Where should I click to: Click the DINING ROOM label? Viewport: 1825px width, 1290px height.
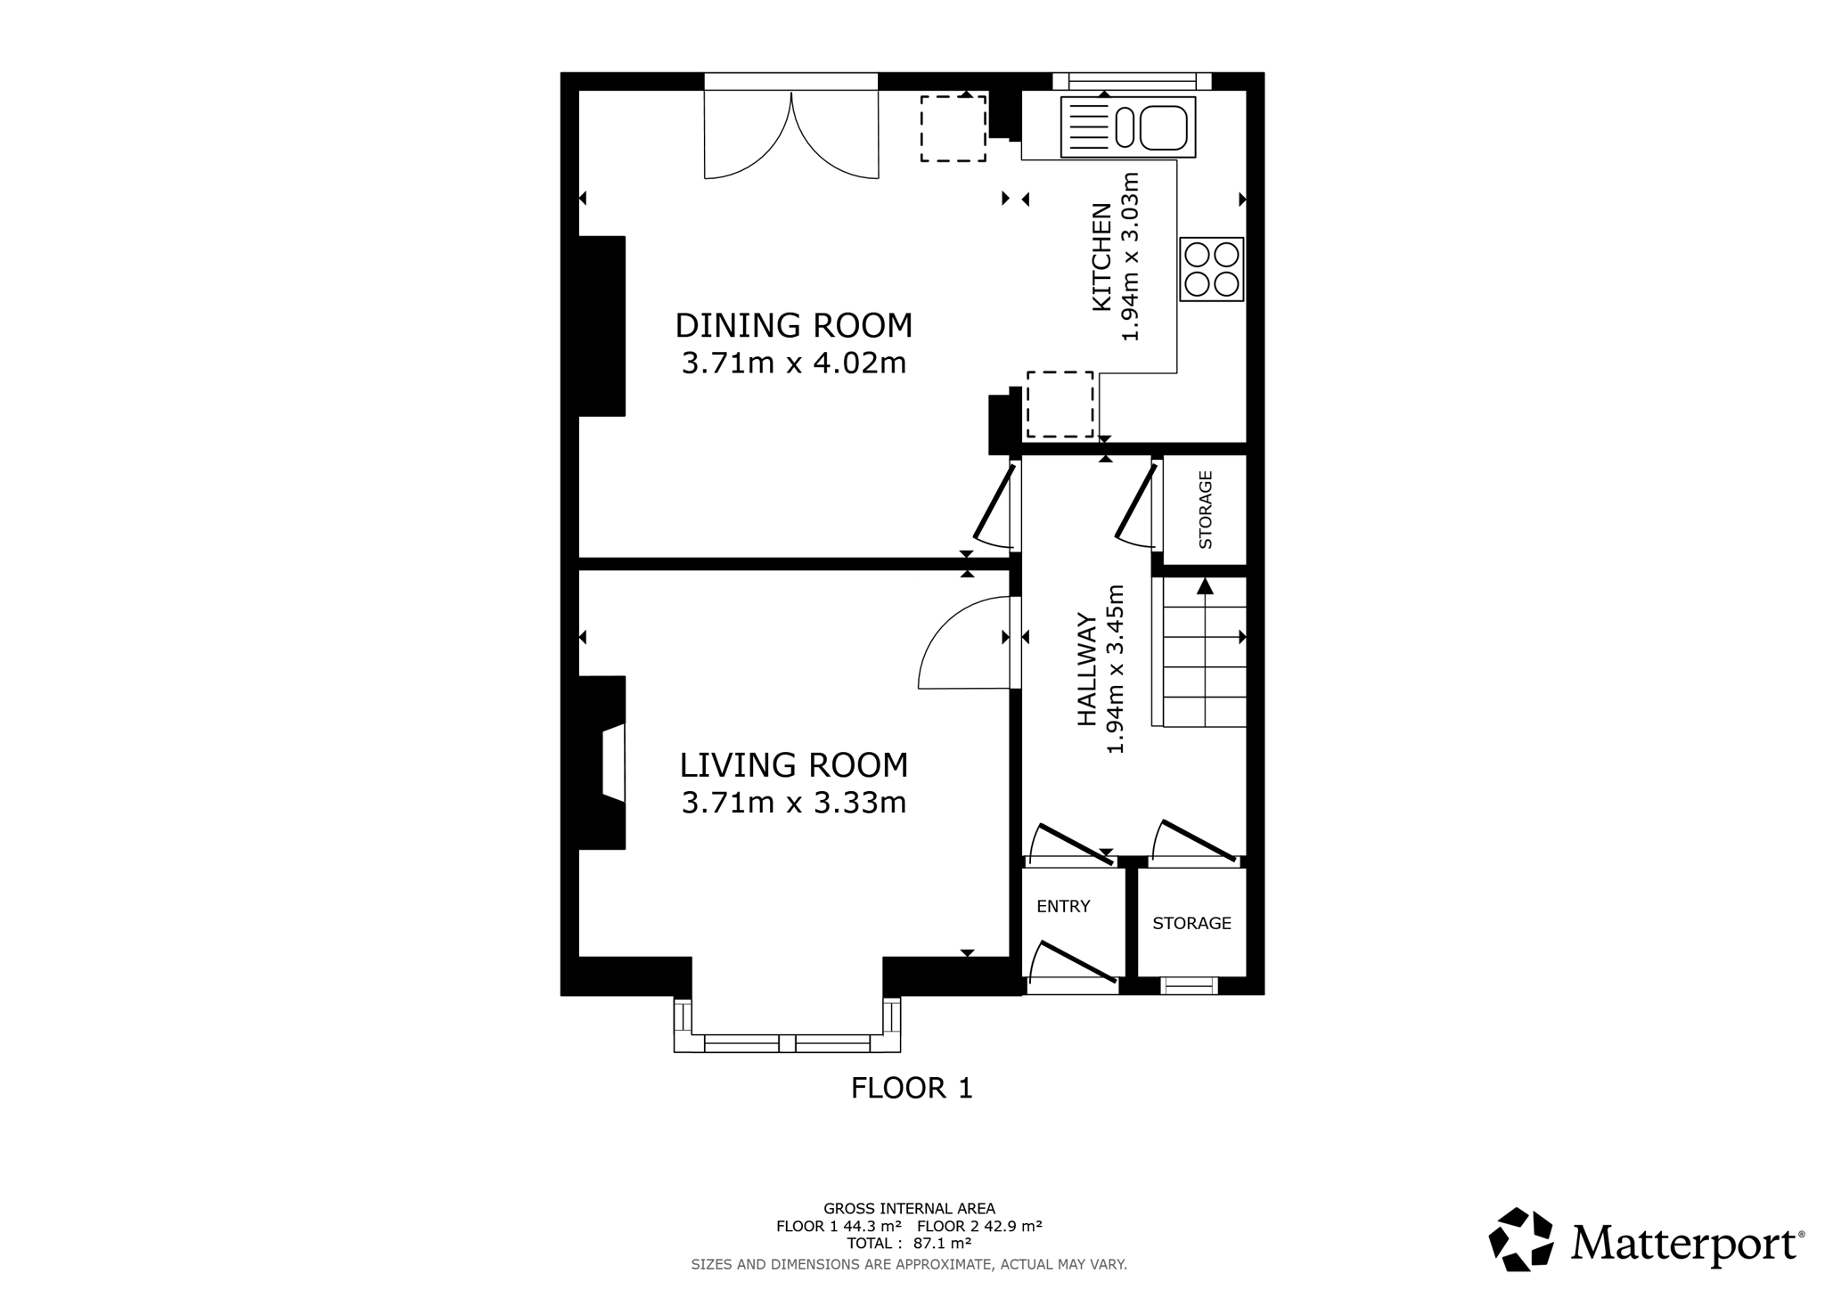click(x=794, y=326)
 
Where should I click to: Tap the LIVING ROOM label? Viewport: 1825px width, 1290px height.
click(x=794, y=765)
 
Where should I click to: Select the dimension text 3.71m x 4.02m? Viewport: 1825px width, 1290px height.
click(x=794, y=363)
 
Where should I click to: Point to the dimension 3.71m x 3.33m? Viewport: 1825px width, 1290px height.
click(x=794, y=803)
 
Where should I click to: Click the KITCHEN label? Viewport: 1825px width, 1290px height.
click(x=1102, y=257)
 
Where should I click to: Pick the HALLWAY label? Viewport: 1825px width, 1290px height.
click(x=1087, y=669)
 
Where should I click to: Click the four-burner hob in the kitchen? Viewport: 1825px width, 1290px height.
click(x=1212, y=269)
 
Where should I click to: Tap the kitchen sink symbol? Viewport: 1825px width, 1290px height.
click(x=1128, y=127)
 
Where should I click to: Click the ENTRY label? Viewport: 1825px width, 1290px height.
click(x=1063, y=906)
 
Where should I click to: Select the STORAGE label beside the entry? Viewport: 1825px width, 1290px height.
click(x=1191, y=923)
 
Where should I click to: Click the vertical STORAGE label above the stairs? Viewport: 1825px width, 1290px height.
click(x=1206, y=510)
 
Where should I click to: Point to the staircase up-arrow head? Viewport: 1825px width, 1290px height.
click(x=1205, y=585)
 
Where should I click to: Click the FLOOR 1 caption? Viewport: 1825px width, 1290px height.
click(x=912, y=1088)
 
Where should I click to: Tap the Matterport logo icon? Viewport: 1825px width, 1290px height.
click(x=1521, y=1239)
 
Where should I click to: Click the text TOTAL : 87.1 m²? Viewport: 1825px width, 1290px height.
click(x=909, y=1243)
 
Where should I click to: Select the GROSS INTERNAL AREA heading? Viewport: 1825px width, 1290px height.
click(x=909, y=1209)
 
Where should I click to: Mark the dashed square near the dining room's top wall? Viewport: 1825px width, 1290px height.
click(x=953, y=128)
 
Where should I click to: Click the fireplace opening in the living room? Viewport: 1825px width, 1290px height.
click(x=614, y=763)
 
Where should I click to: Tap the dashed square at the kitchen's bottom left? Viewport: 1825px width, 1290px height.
click(x=1060, y=404)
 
